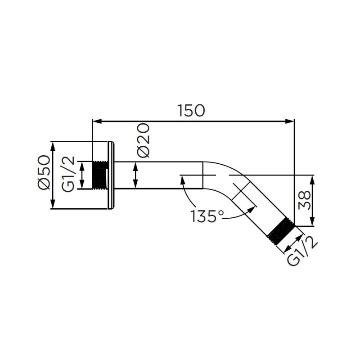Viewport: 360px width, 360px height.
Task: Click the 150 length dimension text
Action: pyautogui.click(x=191, y=110)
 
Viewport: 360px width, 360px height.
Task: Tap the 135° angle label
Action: pyautogui.click(x=206, y=216)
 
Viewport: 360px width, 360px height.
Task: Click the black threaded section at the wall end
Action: pyautogui.click(x=100, y=175)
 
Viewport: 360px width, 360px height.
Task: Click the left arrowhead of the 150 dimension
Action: pyautogui.click(x=95, y=121)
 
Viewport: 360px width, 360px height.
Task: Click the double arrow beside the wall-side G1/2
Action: pyautogui.click(x=83, y=175)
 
